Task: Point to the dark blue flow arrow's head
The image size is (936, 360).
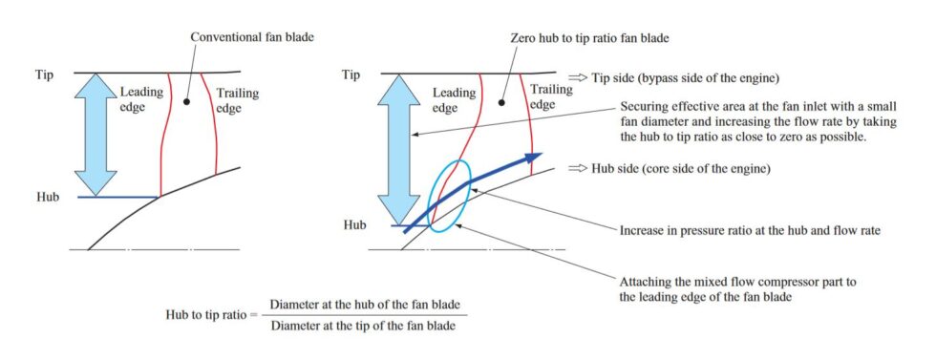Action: (x=532, y=156)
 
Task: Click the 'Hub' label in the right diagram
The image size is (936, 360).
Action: (x=356, y=225)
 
